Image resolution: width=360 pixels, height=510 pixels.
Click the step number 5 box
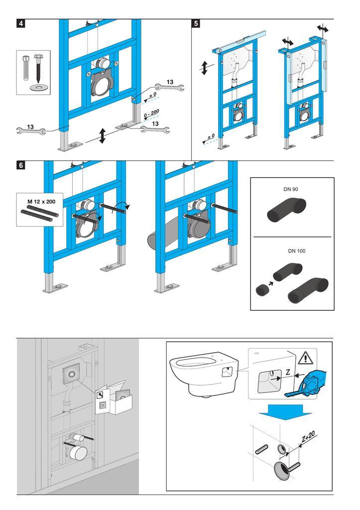[196, 23]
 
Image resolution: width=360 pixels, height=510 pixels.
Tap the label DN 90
[292, 190]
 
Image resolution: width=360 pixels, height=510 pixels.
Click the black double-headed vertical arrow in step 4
[102, 135]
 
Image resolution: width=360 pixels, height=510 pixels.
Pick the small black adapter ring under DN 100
[261, 291]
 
